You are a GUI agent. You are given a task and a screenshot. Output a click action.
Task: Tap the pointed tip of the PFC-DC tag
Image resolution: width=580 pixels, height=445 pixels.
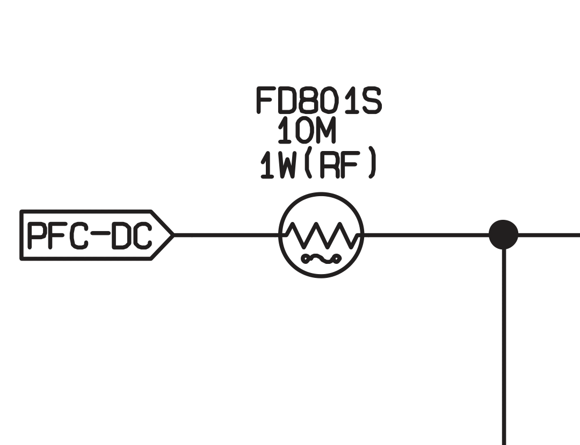coord(172,235)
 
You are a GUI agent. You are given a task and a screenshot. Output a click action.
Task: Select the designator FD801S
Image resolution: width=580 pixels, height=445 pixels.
coord(318,101)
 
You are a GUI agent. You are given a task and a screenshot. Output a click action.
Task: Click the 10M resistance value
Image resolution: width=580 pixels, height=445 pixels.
coord(307,132)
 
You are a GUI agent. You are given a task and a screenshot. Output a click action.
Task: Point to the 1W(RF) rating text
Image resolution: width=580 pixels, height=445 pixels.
coord(318,165)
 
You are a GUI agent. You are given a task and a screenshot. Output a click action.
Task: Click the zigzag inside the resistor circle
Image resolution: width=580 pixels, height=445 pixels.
coord(321,235)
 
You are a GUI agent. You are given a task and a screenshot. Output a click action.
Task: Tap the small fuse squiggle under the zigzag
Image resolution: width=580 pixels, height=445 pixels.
coord(321,259)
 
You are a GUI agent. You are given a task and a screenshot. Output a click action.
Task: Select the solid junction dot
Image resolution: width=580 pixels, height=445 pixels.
coord(504,235)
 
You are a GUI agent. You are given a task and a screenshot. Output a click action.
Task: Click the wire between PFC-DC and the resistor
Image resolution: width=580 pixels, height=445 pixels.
coord(226,235)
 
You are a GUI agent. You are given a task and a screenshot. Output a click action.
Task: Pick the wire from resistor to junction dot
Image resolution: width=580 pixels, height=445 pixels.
coord(424,235)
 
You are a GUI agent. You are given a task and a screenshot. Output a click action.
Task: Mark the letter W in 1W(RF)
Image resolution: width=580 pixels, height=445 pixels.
coord(288,165)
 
